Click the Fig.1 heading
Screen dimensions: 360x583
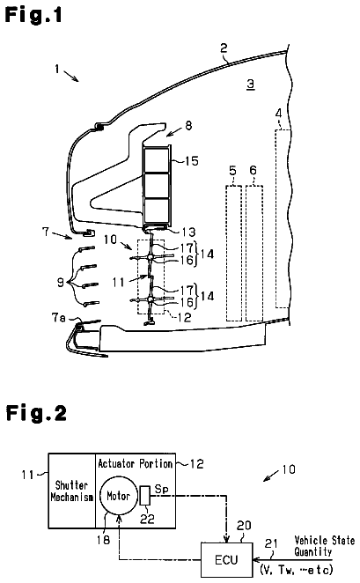click(33, 16)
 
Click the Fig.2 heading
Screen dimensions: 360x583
click(36, 413)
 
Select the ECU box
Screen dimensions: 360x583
click(226, 559)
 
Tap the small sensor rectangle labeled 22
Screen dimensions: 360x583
click(145, 496)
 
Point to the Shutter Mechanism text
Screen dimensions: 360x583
click(71, 491)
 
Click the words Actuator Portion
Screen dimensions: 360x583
click(136, 463)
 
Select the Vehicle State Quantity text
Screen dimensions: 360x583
click(324, 546)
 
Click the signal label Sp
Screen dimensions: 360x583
click(162, 489)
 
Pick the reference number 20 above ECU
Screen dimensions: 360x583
click(244, 526)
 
